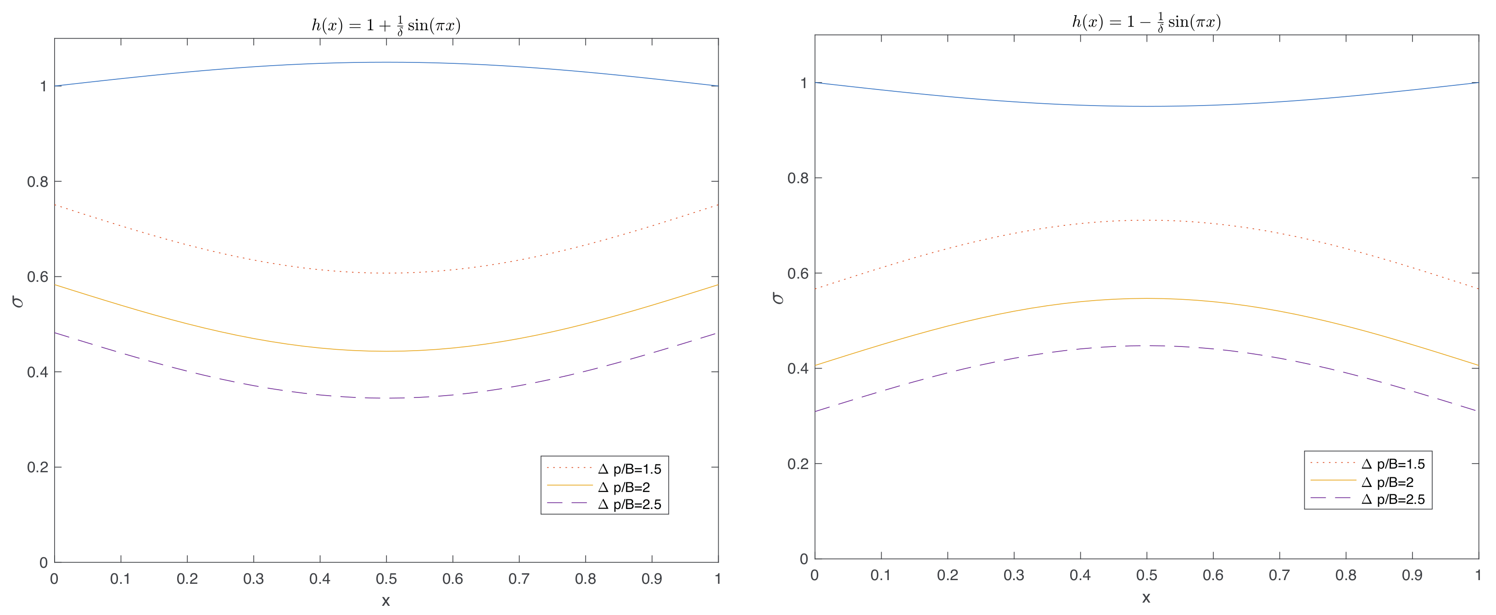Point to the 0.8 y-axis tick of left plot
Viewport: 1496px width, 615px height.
37,182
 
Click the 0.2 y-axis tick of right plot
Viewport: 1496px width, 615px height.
798,464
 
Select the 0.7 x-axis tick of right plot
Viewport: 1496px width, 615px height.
1279,576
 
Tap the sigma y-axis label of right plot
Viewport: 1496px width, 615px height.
778,298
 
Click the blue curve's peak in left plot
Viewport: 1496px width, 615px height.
386,62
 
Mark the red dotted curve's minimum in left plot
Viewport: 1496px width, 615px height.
386,274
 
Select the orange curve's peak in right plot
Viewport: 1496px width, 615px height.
1146,298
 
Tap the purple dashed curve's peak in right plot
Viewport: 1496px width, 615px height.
1146,346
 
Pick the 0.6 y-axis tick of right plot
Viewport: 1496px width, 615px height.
798,274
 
